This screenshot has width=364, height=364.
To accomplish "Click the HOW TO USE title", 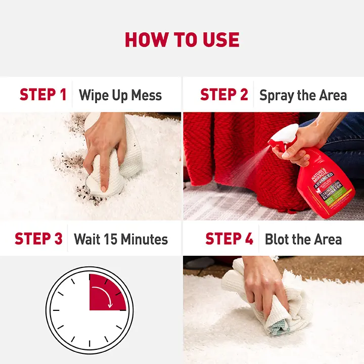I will pyautogui.click(x=182, y=39).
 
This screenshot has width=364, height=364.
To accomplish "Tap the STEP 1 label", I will pyautogui.click(x=43, y=95).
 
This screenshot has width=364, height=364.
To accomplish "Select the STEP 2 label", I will pyautogui.click(x=224, y=95).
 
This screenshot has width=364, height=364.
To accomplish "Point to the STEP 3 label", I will pyautogui.click(x=38, y=239).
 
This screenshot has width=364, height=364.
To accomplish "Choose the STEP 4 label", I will pyautogui.click(x=229, y=239).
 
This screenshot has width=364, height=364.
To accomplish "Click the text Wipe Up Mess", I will pyautogui.click(x=120, y=95).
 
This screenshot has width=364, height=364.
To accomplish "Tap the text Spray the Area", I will pyautogui.click(x=303, y=95).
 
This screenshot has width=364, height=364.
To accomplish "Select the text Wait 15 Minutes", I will pyautogui.click(x=120, y=239).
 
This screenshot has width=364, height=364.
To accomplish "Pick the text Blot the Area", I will pyautogui.click(x=303, y=239).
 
